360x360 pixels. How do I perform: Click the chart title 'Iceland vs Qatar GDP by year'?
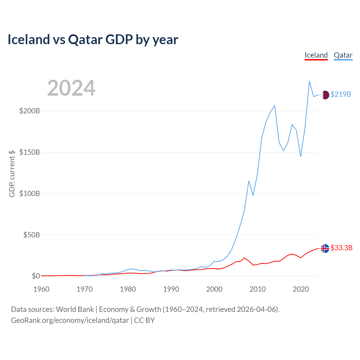pos(93,39)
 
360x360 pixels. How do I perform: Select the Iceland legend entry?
pos(316,55)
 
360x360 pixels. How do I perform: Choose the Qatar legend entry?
pos(343,55)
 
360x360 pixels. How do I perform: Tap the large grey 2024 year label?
pos(71,88)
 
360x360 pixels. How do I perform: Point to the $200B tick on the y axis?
pos(30,111)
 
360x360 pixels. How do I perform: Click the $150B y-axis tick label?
pos(30,152)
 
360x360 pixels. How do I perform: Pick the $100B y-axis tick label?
pos(30,193)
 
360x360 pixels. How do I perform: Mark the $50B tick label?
pos(31,235)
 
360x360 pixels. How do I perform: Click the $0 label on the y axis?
pos(36,276)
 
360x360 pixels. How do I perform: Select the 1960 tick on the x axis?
pos(41,289)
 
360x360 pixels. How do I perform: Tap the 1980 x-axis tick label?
pos(128,289)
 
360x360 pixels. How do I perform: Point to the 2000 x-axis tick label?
pos(214,289)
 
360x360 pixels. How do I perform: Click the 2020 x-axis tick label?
pos(301,289)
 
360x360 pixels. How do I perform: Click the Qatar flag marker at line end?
pos(325,95)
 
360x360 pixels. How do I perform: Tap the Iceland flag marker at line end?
pos(325,248)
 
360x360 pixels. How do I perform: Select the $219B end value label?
pos(341,94)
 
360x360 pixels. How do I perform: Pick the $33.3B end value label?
pos(341,248)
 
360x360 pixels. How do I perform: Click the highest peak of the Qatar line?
pos(309,82)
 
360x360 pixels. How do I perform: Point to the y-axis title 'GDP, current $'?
pos(12,174)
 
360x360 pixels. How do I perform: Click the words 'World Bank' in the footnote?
pos(75,309)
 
